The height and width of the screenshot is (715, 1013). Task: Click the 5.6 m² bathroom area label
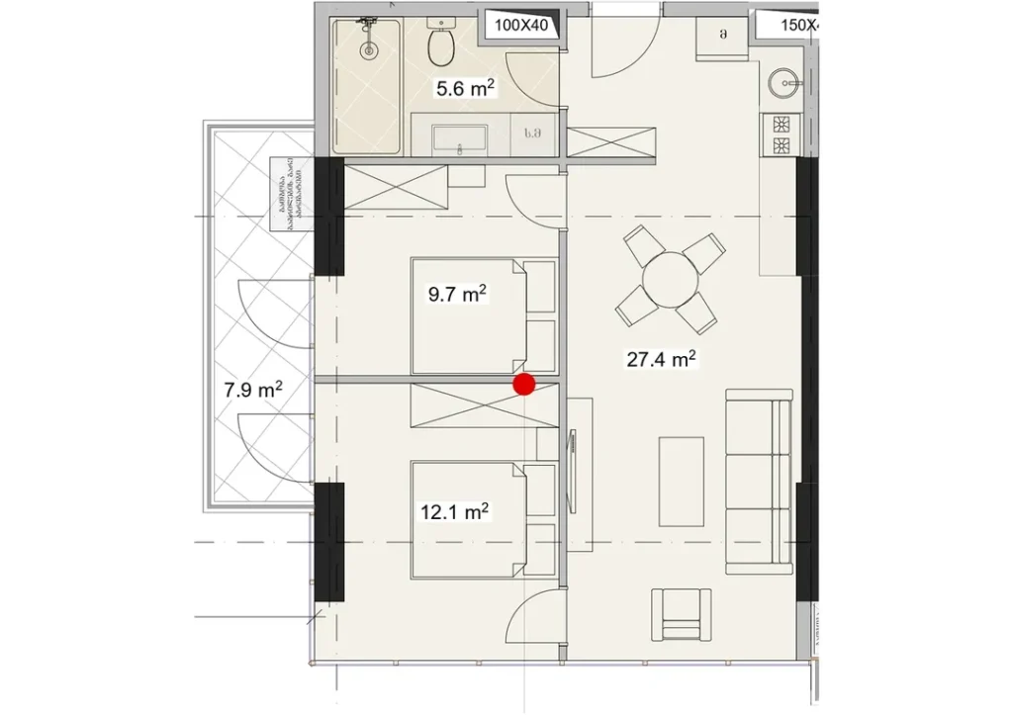(x=465, y=89)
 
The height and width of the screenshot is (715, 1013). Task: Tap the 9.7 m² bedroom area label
(x=455, y=294)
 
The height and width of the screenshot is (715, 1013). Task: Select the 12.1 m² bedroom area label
(x=455, y=512)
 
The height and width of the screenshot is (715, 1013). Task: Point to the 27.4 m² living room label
(x=662, y=359)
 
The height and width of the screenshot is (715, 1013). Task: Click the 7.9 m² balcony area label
(x=253, y=390)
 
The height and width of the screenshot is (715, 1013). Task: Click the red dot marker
(x=523, y=385)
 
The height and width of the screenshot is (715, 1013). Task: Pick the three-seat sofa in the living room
(x=759, y=482)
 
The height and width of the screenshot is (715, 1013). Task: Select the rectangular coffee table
(x=682, y=481)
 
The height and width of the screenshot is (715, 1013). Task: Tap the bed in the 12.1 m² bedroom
(x=470, y=520)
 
